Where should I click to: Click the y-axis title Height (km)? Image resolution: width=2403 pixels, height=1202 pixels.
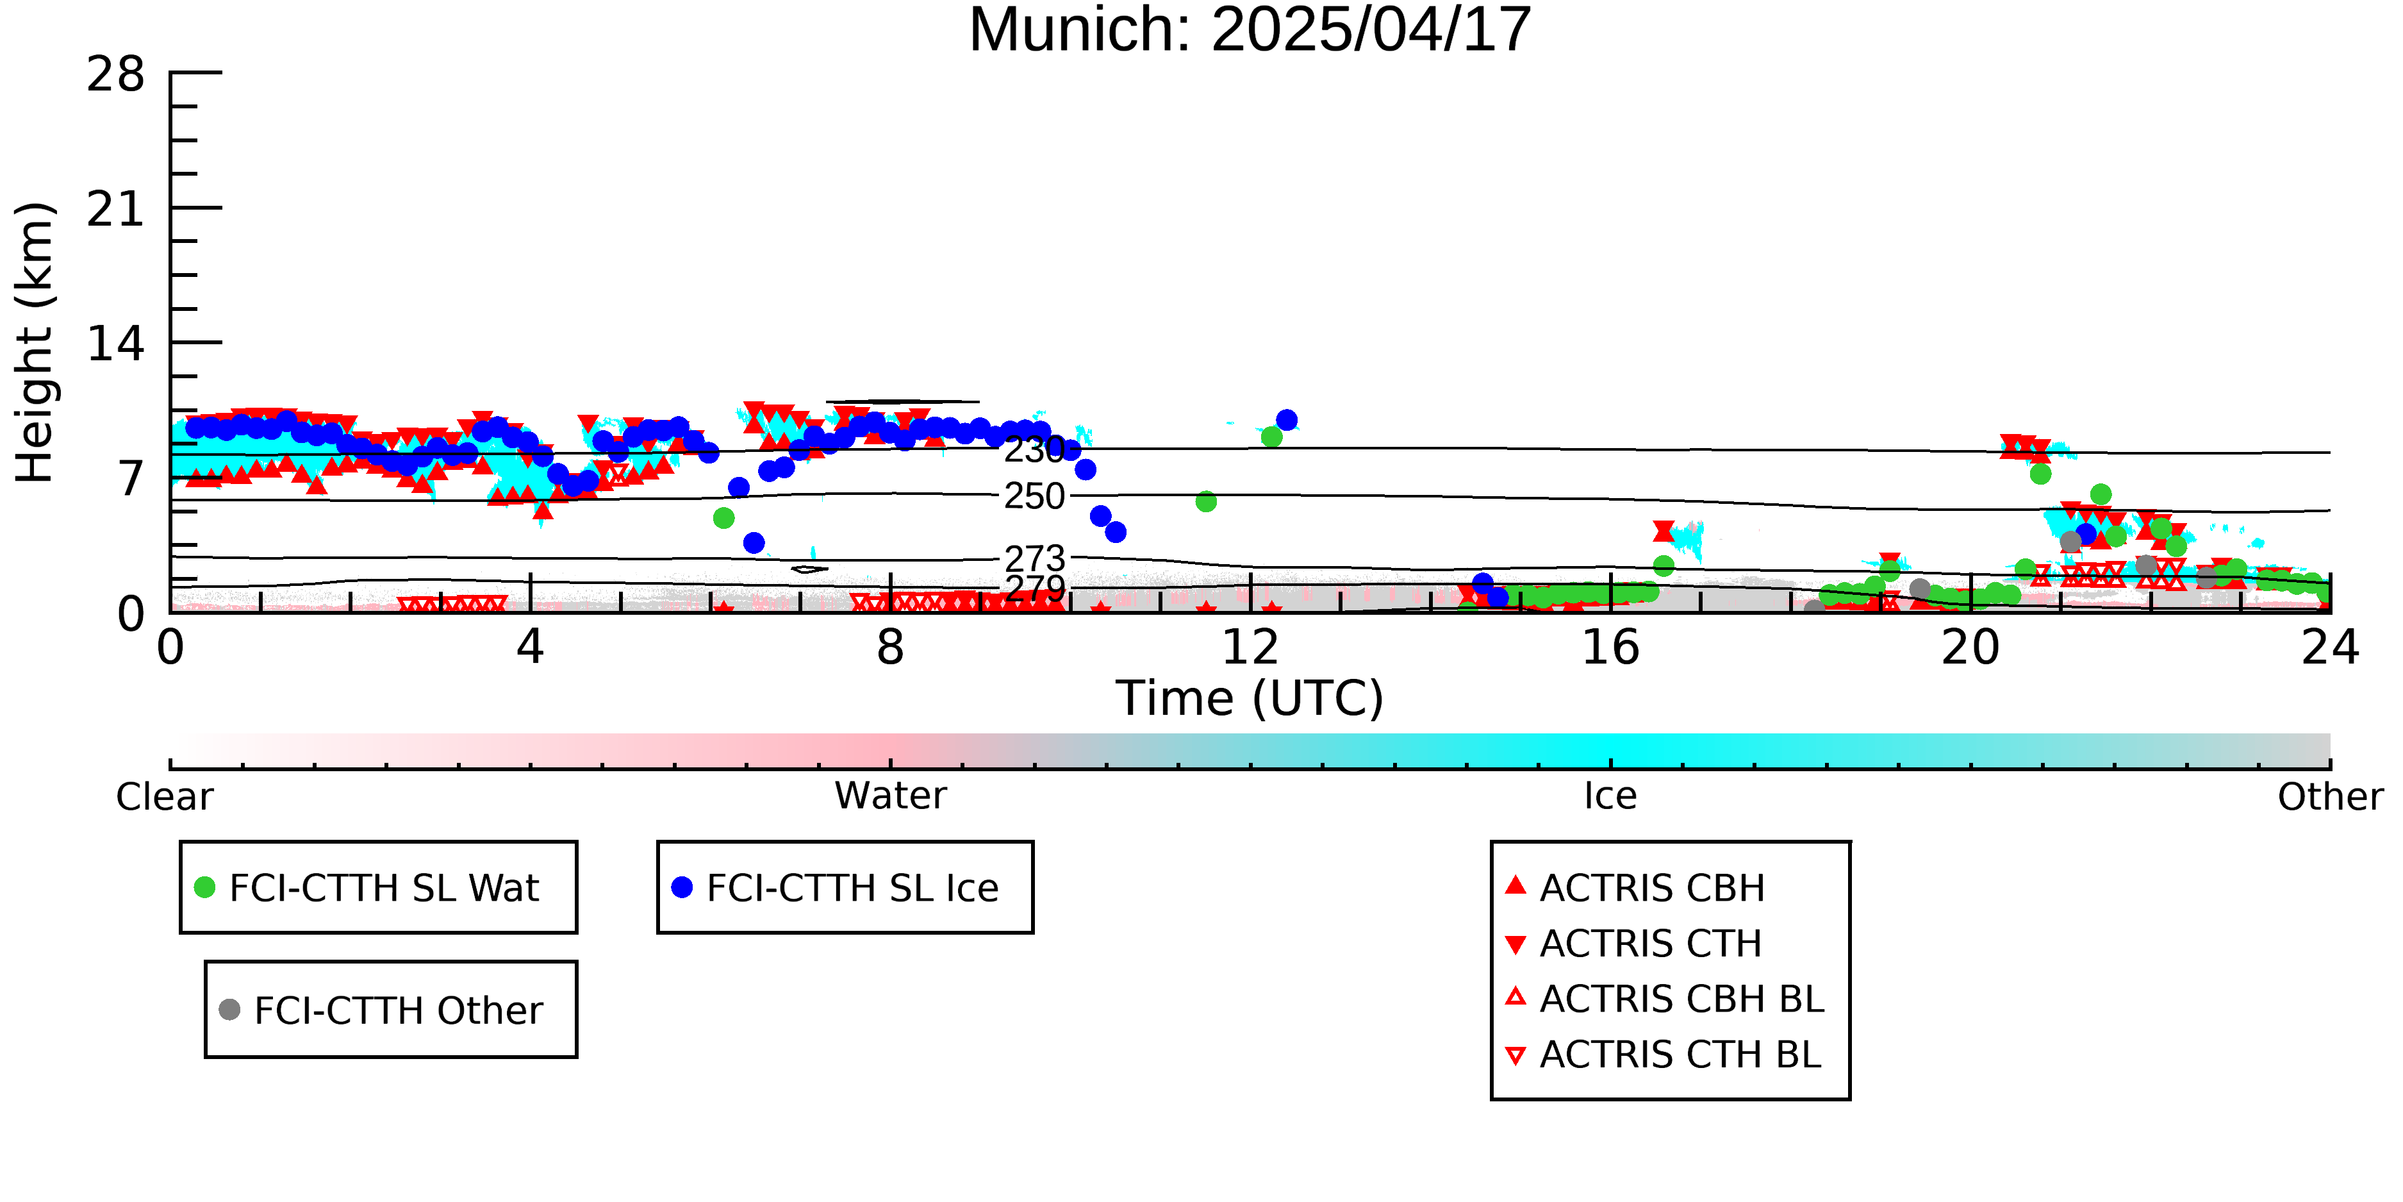click(x=35, y=342)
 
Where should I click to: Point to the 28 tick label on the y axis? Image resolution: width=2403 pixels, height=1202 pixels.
click(x=116, y=74)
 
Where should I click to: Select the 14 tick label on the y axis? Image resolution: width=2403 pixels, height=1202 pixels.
click(x=116, y=344)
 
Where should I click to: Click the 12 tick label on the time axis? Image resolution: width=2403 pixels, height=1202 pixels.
click(x=1250, y=647)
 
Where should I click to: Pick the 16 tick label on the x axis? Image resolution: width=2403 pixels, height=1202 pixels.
click(x=1610, y=647)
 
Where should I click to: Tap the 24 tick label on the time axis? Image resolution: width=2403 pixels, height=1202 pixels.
click(x=2329, y=647)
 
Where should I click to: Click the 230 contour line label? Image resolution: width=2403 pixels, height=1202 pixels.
click(x=1034, y=450)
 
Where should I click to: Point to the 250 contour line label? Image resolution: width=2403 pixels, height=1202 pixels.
click(x=1034, y=496)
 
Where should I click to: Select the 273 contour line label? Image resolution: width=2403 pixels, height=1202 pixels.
click(x=1034, y=558)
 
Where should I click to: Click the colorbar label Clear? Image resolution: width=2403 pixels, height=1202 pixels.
click(x=164, y=797)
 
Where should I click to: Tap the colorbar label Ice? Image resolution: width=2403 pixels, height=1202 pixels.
click(x=1610, y=796)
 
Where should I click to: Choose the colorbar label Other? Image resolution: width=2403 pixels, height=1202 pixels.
click(x=2330, y=797)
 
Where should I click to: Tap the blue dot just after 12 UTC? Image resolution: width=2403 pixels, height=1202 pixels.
click(x=1286, y=420)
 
